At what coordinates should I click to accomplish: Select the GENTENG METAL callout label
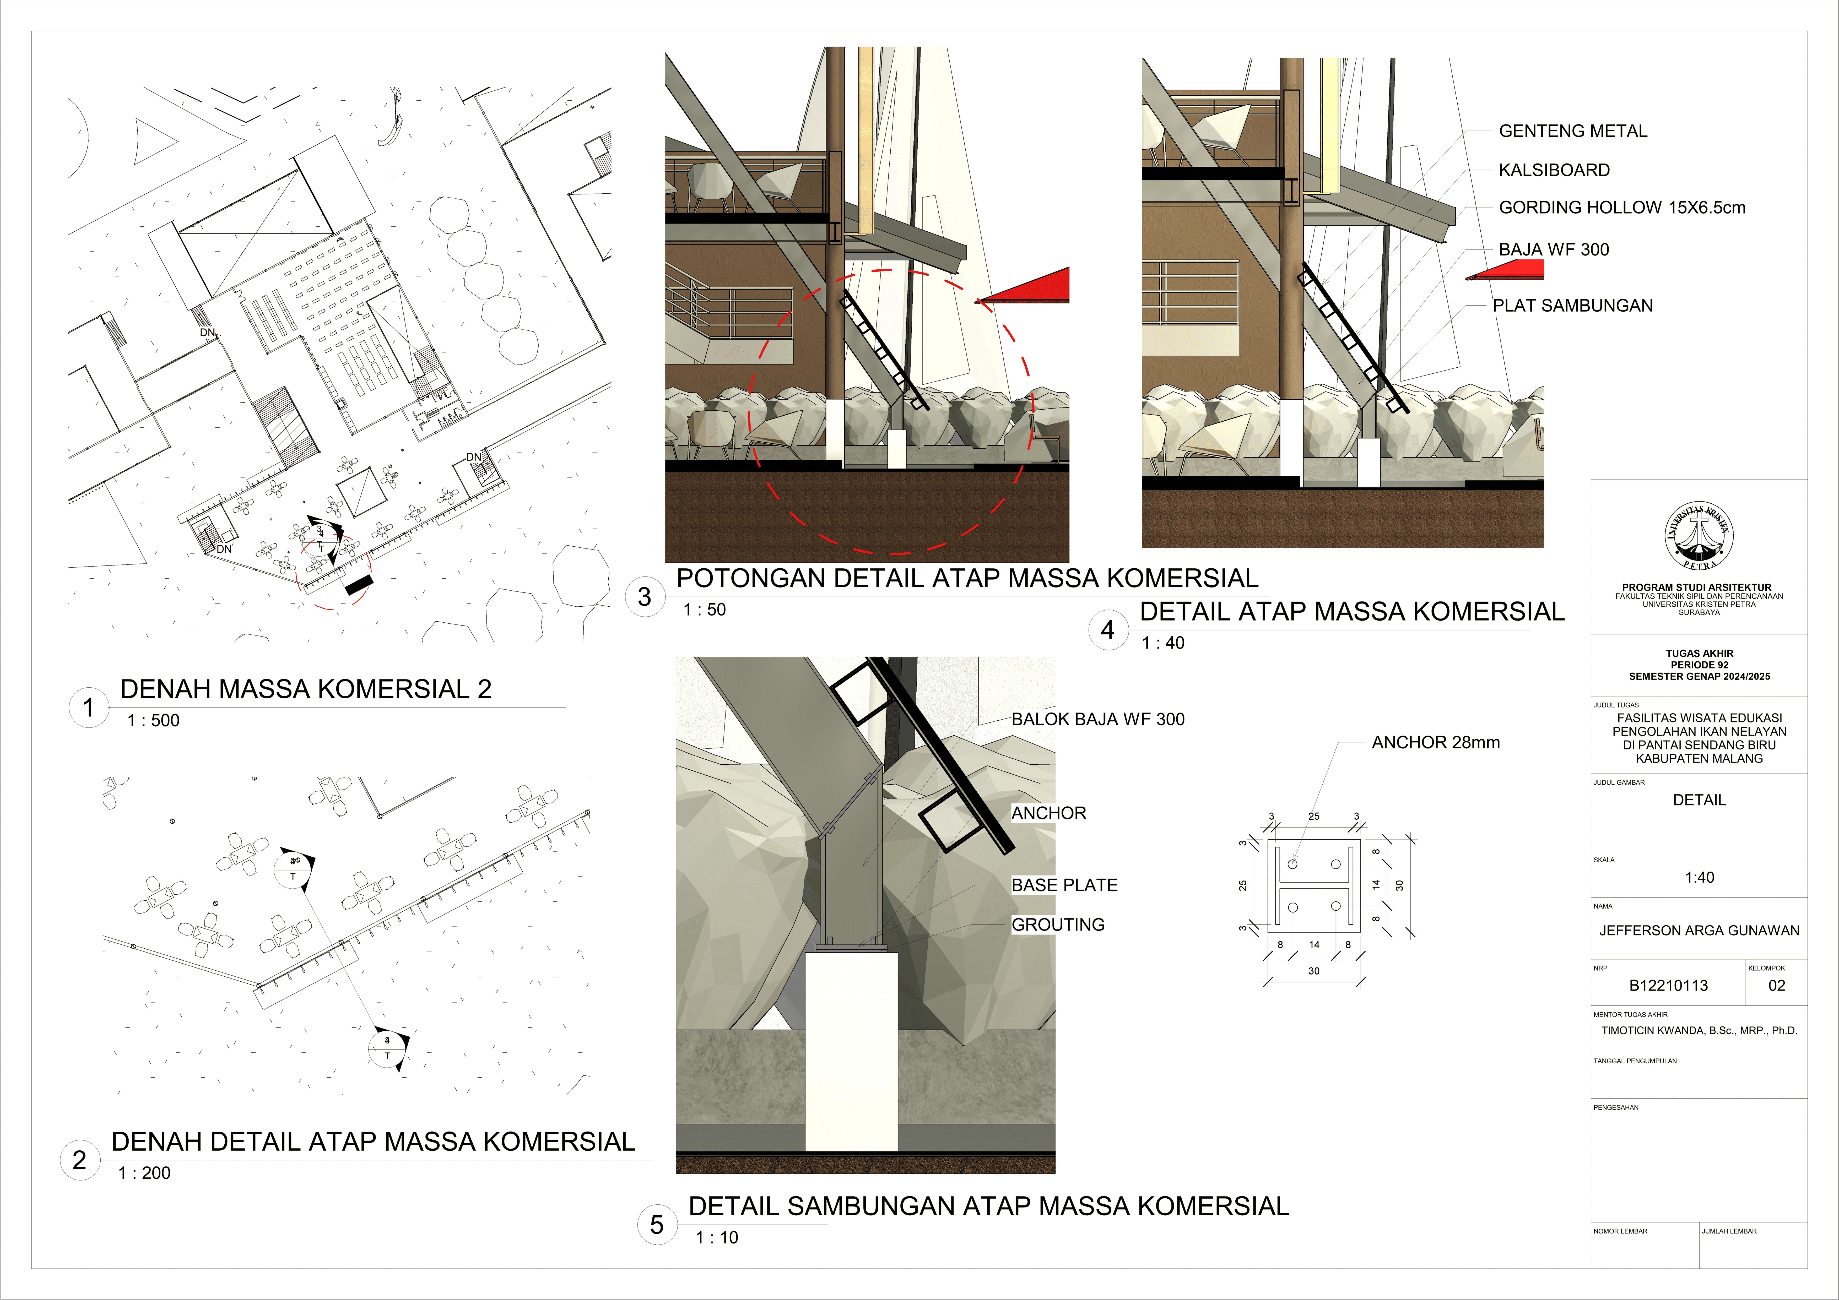(1572, 131)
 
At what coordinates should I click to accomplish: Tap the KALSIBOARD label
(1554, 170)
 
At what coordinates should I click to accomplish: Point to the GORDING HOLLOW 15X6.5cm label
(1622, 208)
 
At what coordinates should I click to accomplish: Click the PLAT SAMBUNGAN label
(1572, 305)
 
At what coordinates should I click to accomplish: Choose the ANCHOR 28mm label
(1435, 743)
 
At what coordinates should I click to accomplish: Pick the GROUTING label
(1057, 924)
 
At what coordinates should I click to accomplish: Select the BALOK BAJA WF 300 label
(1097, 719)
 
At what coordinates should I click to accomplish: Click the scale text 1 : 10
(717, 1238)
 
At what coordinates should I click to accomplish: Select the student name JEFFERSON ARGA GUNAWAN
(1699, 931)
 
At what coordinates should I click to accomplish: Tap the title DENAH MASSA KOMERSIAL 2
(305, 689)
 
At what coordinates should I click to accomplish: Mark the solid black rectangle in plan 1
(359, 584)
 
